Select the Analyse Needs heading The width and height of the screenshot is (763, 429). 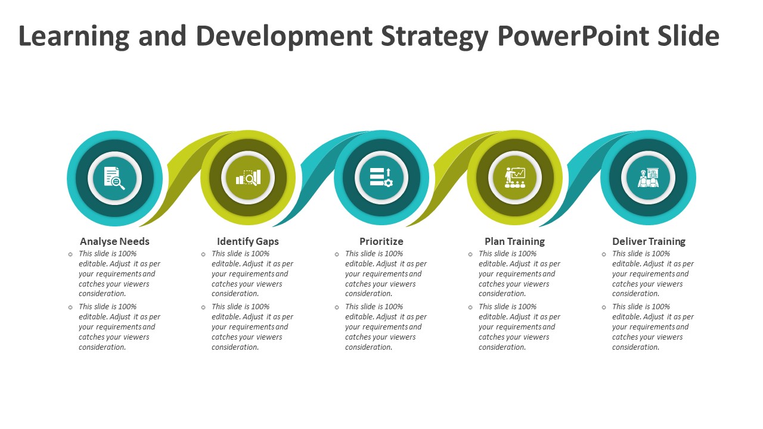point(114,241)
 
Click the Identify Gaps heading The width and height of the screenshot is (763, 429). point(247,241)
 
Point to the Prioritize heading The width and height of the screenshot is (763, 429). point(381,241)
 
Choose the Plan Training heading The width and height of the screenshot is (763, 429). point(514,241)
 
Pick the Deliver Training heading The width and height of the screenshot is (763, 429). point(649,241)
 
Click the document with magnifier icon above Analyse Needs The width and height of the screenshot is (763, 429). point(114,178)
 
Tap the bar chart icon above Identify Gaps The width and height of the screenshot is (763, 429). point(249,177)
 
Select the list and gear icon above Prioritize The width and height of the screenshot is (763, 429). point(381,177)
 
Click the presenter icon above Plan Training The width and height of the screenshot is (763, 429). point(514,178)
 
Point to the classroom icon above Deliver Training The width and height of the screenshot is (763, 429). point(648,178)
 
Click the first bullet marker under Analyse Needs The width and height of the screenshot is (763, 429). point(70,254)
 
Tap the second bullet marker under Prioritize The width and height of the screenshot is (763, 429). point(337,307)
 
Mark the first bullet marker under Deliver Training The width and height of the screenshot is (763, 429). point(604,254)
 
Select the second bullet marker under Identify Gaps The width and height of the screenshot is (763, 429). point(203,307)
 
